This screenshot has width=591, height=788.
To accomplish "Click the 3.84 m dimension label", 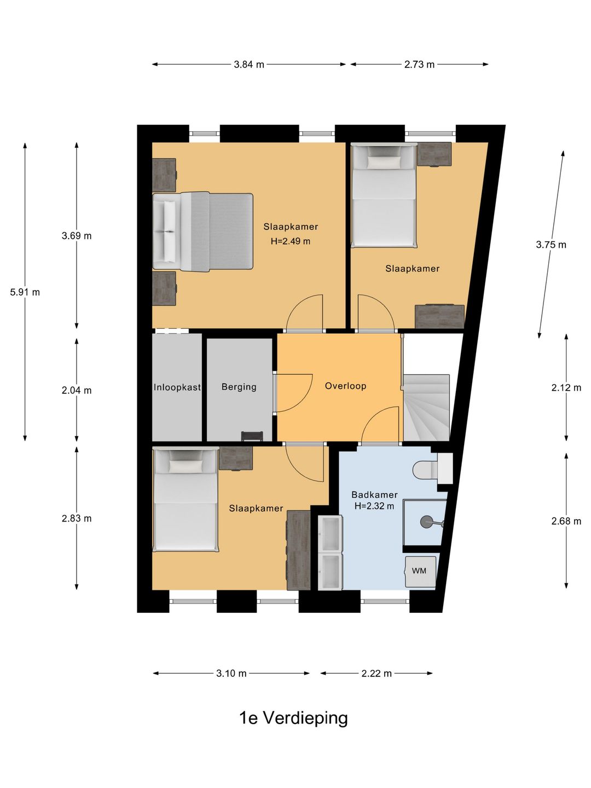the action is click(x=248, y=65).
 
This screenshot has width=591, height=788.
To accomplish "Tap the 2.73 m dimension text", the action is click(x=419, y=65).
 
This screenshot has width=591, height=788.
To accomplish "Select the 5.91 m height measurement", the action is click(x=25, y=292).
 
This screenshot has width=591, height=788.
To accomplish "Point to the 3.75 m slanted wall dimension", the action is click(x=551, y=245).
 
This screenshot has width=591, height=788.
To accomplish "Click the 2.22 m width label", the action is click(x=376, y=674).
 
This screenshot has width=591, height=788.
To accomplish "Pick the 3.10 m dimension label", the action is click(x=231, y=674).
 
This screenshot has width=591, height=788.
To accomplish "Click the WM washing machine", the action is click(x=420, y=571).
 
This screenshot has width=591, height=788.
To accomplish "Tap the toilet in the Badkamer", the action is click(x=432, y=468).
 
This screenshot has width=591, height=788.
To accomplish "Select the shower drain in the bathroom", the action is click(x=427, y=522).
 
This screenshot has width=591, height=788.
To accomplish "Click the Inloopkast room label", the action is click(x=177, y=387).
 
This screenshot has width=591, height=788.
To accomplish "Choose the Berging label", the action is click(x=239, y=387).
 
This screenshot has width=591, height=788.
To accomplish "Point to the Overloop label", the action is click(x=345, y=386).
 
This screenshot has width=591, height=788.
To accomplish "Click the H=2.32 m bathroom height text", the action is click(x=374, y=506).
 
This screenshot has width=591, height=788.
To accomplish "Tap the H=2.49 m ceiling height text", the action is click(x=290, y=241).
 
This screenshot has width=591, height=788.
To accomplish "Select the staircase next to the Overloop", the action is click(x=427, y=408).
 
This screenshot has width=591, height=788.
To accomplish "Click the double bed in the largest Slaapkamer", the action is click(x=202, y=231).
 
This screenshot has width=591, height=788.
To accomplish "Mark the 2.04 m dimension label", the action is click(x=77, y=390).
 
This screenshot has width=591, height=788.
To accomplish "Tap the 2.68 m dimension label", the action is click(x=566, y=521).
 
